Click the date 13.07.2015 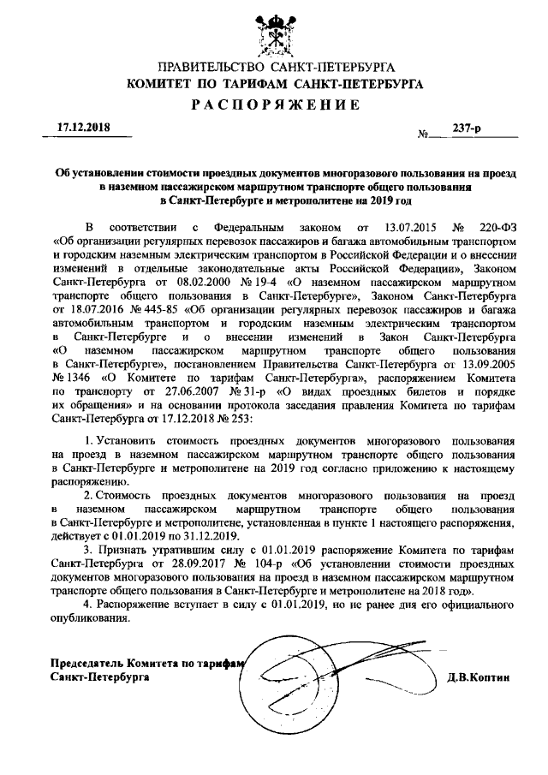point(396,230)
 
